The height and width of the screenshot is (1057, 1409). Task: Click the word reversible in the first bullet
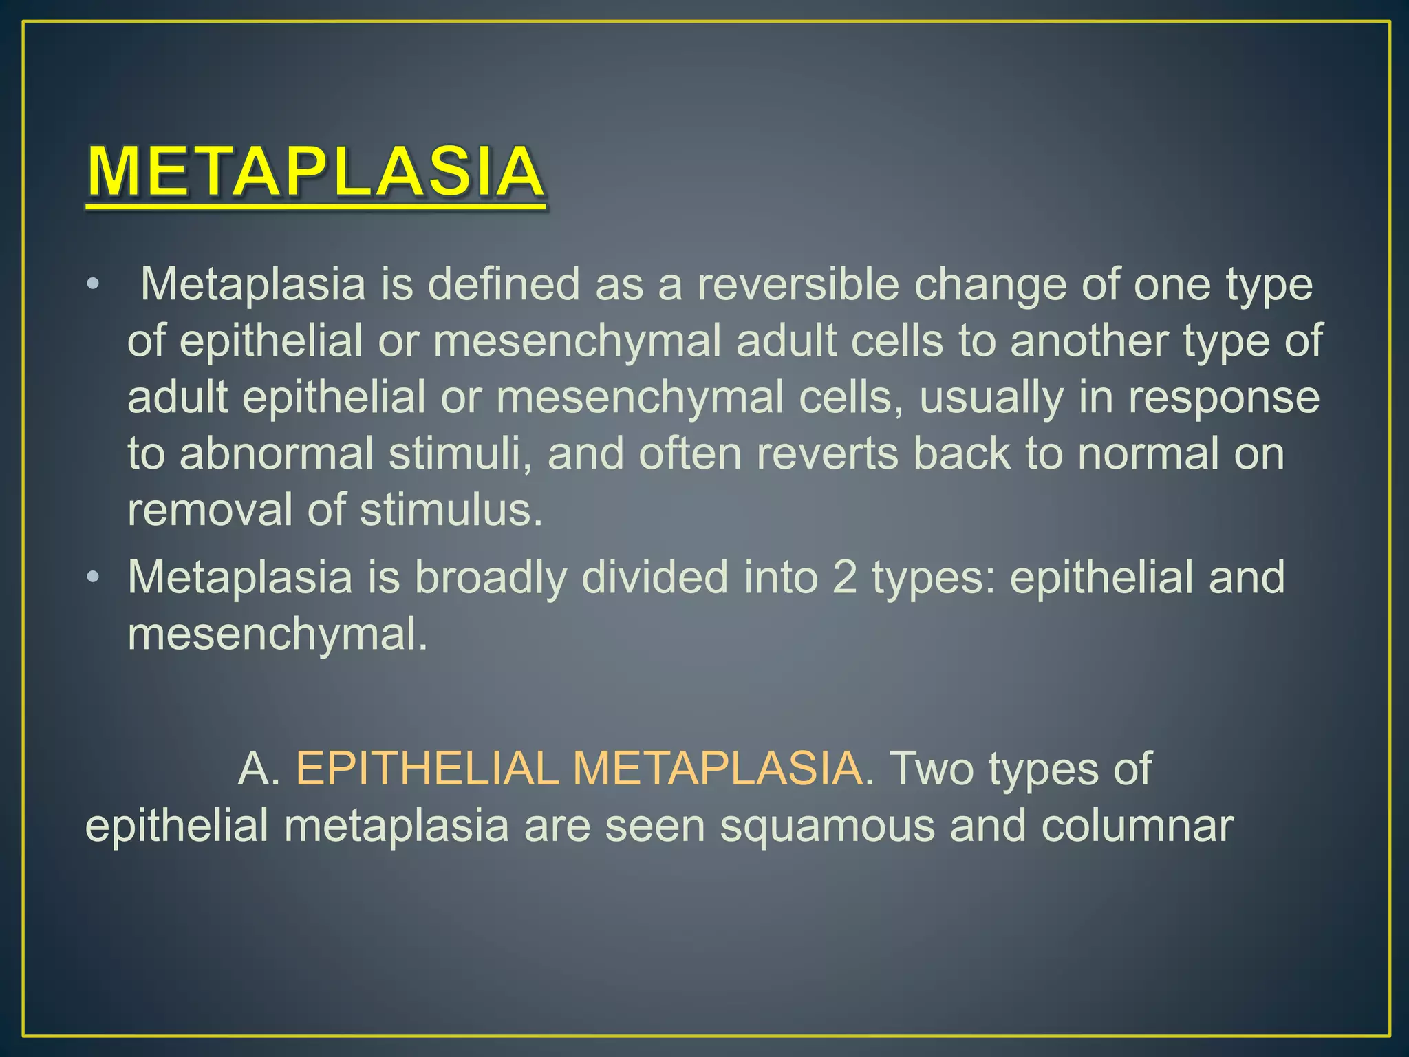tap(798, 284)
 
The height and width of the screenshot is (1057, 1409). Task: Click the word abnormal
tap(277, 454)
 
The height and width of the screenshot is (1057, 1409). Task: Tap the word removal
tap(210, 510)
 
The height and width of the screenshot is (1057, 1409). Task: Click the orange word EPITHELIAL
tap(427, 769)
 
